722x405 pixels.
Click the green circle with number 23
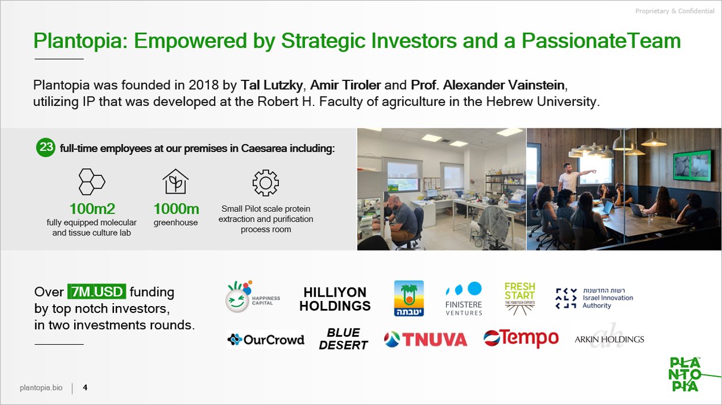pyautogui.click(x=46, y=148)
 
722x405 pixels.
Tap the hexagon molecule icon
pyautogui.click(x=92, y=182)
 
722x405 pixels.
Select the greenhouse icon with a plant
pyautogui.click(x=176, y=182)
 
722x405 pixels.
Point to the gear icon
pyautogui.click(x=266, y=183)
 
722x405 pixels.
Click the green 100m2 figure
pyautogui.click(x=92, y=209)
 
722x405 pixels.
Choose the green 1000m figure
pyautogui.click(x=176, y=209)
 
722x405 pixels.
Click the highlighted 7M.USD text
pyautogui.click(x=97, y=292)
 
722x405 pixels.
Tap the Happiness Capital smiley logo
pyautogui.click(x=253, y=297)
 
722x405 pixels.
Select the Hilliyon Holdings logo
pyautogui.click(x=335, y=299)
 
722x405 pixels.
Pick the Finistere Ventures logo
pyautogui.click(x=464, y=299)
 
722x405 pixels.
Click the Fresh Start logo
pyautogui.click(x=520, y=299)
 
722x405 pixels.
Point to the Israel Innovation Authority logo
pyautogui.click(x=594, y=299)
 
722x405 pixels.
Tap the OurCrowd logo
pyautogui.click(x=266, y=340)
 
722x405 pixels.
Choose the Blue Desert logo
pyautogui.click(x=343, y=339)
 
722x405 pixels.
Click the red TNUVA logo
pyautogui.click(x=425, y=340)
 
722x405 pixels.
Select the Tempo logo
pyautogui.click(x=521, y=338)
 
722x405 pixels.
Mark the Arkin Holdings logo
pyautogui.click(x=609, y=338)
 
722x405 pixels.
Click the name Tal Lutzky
pyautogui.click(x=271, y=85)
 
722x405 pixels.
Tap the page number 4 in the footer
pyautogui.click(x=85, y=387)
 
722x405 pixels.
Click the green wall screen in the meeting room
pyautogui.click(x=691, y=170)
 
